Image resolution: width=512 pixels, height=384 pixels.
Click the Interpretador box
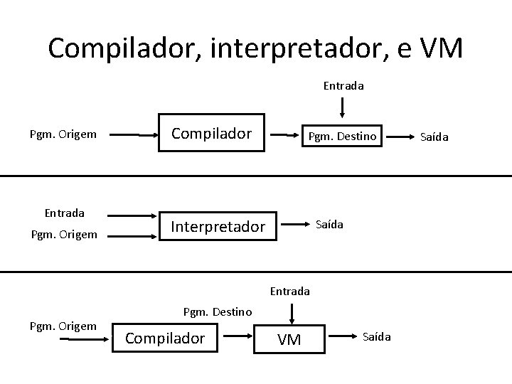[218, 227]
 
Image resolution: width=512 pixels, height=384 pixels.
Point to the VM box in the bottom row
[289, 339]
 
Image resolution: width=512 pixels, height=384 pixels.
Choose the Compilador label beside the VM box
[165, 338]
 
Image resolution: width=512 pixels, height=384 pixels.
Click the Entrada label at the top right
[343, 86]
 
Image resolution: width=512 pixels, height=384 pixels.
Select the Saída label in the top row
[434, 136]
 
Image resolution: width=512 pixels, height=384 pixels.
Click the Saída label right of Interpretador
[329, 224]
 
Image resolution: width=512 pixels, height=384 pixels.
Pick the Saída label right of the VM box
[377, 336]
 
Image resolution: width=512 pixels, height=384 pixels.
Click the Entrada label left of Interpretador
[65, 213]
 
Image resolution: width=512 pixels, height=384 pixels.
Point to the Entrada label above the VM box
[290, 290]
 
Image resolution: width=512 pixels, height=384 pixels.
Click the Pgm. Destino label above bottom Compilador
[217, 311]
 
